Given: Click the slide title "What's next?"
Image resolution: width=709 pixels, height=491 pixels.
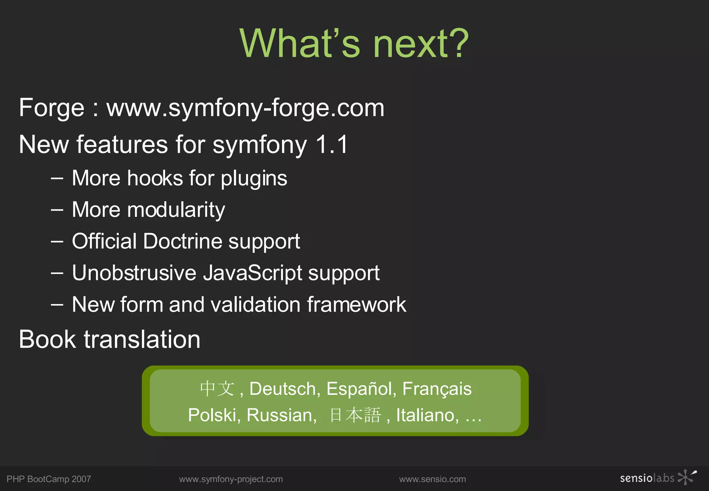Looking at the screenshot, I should pyautogui.click(x=354, y=43).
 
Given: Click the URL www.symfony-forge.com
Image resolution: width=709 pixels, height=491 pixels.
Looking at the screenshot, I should pyautogui.click(x=245, y=108).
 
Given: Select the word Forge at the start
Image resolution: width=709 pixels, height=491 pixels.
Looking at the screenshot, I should pyautogui.click(x=52, y=108).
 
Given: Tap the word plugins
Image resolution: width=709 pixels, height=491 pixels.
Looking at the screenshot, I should pyautogui.click(x=254, y=179).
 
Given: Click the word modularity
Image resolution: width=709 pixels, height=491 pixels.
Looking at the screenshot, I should pyautogui.click(x=176, y=210).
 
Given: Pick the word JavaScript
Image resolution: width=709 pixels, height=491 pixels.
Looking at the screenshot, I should pyautogui.click(x=253, y=273).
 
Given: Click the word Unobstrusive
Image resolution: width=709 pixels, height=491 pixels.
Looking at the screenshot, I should pyautogui.click(x=134, y=273).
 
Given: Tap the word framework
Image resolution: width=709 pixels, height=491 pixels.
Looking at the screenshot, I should pyautogui.click(x=357, y=305).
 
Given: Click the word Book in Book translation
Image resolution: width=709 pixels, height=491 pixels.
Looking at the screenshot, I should pyautogui.click(x=47, y=339).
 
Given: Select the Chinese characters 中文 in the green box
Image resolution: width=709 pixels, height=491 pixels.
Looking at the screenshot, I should pyautogui.click(x=217, y=389).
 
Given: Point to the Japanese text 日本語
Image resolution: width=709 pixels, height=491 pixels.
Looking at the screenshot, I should pyautogui.click(x=355, y=415).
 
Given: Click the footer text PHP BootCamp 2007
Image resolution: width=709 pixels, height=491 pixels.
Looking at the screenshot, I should pyautogui.click(x=49, y=479).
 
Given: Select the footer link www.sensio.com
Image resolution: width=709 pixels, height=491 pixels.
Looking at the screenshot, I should pyautogui.click(x=432, y=479).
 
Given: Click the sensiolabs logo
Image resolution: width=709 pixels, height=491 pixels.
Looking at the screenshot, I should pyautogui.click(x=658, y=478).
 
